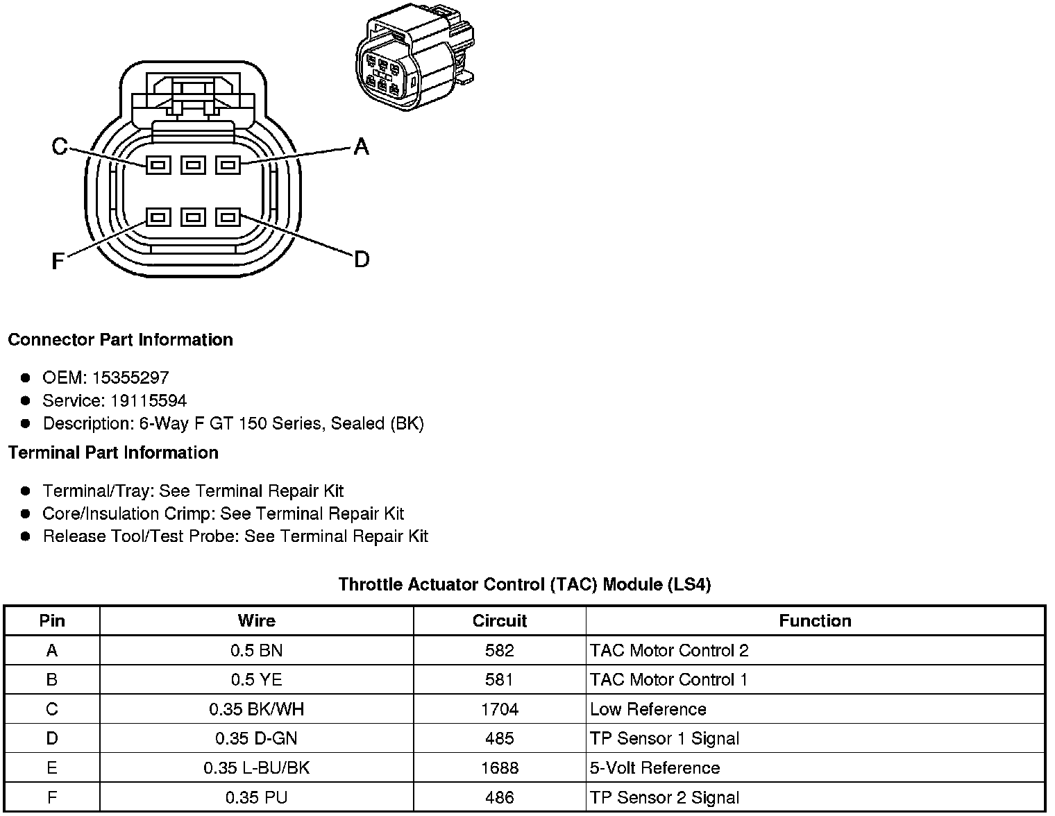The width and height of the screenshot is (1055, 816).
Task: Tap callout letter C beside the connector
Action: click(60, 146)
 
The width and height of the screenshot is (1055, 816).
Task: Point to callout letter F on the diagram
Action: click(58, 261)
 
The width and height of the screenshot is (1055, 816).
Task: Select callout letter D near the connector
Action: click(361, 260)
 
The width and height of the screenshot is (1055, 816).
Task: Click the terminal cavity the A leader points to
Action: click(228, 165)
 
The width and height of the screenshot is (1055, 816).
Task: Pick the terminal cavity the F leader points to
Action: click(158, 218)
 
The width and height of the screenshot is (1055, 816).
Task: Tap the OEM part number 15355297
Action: click(130, 378)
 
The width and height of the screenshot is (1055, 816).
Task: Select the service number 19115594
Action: click(149, 401)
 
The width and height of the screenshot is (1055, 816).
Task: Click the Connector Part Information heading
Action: click(120, 340)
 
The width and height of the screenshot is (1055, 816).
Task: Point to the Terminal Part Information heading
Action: click(113, 453)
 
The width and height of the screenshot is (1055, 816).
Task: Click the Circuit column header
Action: click(499, 621)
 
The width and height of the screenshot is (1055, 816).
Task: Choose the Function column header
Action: click(815, 621)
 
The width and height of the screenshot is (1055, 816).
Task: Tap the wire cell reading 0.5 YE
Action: click(256, 680)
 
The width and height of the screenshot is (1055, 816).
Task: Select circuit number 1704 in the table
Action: click(499, 709)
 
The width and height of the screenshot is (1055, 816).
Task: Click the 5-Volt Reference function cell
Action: click(655, 768)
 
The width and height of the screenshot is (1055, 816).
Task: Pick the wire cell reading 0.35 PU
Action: click(256, 798)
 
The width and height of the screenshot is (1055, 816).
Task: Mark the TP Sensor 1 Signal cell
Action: click(664, 739)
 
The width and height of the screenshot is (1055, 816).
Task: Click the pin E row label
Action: click(51, 768)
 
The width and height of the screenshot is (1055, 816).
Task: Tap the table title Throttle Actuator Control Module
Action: click(524, 584)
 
